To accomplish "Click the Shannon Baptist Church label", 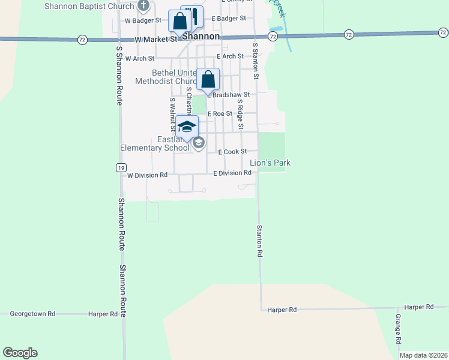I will coord(89,7).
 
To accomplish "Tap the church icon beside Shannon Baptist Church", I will coord(143,7).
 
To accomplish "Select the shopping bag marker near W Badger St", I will coord(179,22).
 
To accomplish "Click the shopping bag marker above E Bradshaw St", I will coord(208,80).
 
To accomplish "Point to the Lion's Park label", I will coord(270,163).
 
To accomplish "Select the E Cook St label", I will coord(232,152).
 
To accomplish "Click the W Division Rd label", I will coord(147,175).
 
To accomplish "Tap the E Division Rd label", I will coord(232,173).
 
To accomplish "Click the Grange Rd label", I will coord(398,328).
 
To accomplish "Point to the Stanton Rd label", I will coord(260,241).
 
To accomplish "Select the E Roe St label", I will coord(220,113).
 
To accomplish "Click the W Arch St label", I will coord(140,59).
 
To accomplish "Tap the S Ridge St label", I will coord(240,114).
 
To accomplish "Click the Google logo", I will coord(20,353).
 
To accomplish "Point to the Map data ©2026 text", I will coord(423,355).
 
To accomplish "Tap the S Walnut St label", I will coord(172,114).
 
